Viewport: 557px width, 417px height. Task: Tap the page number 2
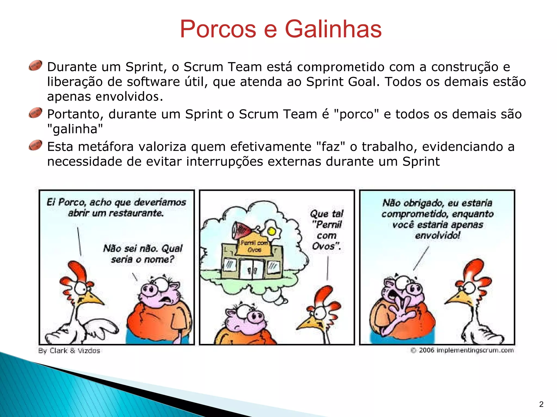[x=541, y=404]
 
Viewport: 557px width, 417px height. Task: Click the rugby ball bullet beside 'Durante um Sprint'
[x=35, y=65]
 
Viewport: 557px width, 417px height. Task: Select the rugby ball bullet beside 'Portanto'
[x=35, y=113]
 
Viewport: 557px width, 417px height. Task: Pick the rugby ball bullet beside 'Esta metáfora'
[x=35, y=145]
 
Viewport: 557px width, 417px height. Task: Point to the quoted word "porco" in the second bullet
[x=356, y=114]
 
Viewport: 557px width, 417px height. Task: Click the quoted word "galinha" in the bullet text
[x=75, y=129]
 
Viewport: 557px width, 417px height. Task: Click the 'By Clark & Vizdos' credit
[x=69, y=350]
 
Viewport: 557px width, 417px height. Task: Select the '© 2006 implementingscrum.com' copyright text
[x=462, y=350]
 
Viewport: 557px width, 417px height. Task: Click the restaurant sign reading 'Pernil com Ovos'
[x=254, y=246]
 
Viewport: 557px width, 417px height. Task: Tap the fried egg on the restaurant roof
[x=271, y=231]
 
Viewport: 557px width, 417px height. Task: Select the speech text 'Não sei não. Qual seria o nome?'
[x=143, y=254]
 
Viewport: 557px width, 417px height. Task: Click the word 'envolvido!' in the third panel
[x=438, y=235]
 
